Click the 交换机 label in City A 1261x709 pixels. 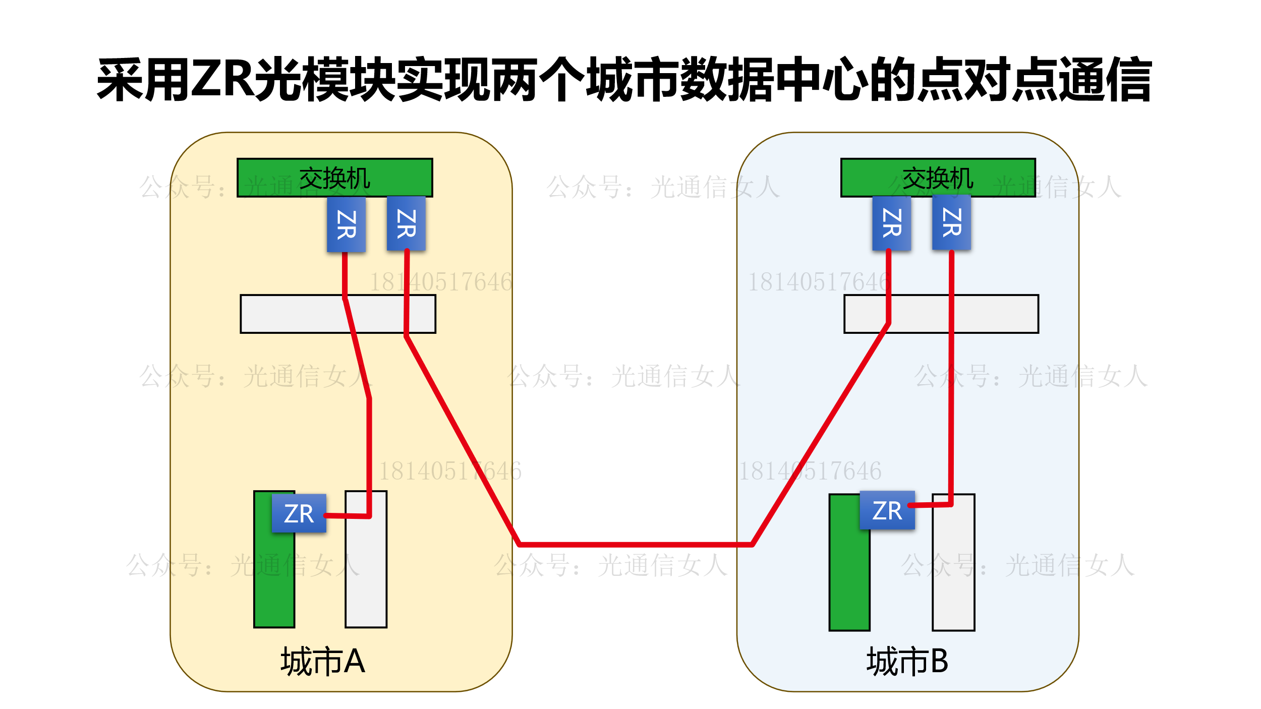click(335, 178)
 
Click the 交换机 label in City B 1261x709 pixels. click(938, 178)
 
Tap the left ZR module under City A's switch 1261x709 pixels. click(346, 224)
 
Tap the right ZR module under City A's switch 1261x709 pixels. click(406, 223)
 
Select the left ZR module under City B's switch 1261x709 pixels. click(891, 223)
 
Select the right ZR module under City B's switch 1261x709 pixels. click(951, 222)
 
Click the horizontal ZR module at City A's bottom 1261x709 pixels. click(299, 513)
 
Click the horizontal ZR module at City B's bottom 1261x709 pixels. click(887, 510)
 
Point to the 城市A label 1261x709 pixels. click(323, 661)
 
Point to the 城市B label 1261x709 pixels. click(907, 661)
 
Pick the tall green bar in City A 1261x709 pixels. click(274, 580)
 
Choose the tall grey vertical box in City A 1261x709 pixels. click(366, 570)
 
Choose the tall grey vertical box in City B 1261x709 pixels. click(953, 570)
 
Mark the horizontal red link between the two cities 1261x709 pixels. click(636, 545)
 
